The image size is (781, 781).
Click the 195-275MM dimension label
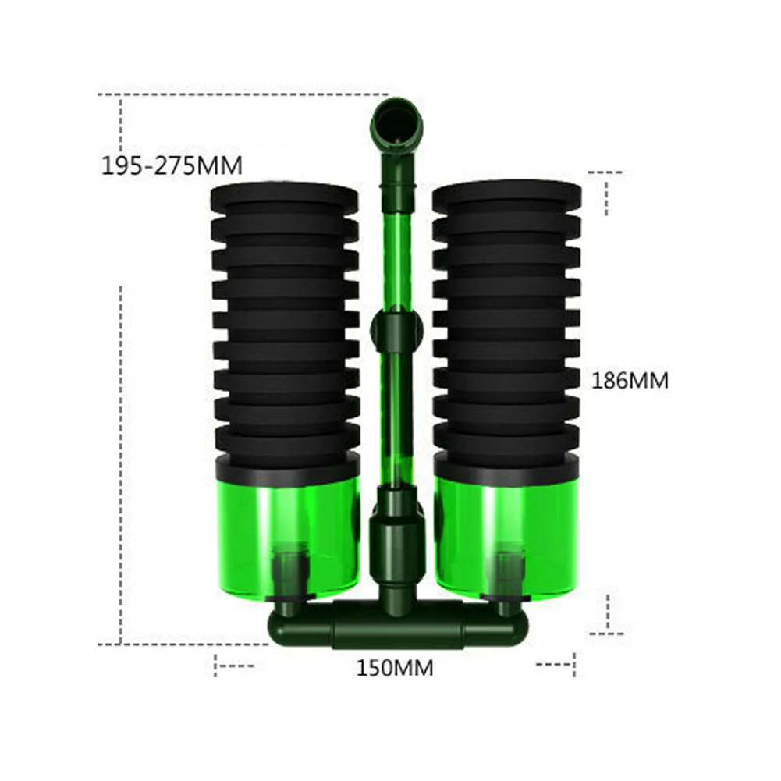pyautogui.click(x=172, y=165)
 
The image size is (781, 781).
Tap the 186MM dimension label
pyautogui.click(x=630, y=381)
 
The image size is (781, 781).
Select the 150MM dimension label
pyautogui.click(x=395, y=668)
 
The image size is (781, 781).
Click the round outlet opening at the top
pyautogui.click(x=397, y=123)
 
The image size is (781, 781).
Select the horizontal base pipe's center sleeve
pyautogui.click(x=399, y=625)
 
